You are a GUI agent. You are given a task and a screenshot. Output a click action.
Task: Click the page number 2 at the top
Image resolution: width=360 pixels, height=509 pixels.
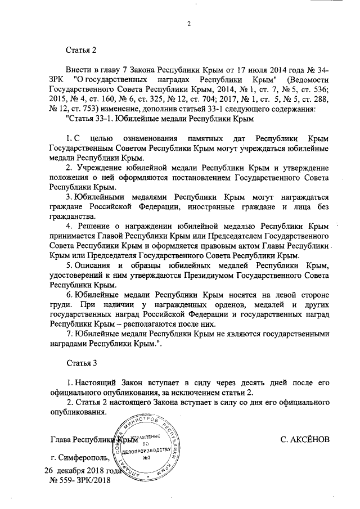point(190,23)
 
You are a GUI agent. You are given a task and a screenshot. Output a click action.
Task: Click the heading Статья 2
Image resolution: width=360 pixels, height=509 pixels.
point(82,50)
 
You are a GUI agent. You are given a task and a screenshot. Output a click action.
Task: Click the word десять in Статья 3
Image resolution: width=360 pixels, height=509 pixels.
point(239,382)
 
